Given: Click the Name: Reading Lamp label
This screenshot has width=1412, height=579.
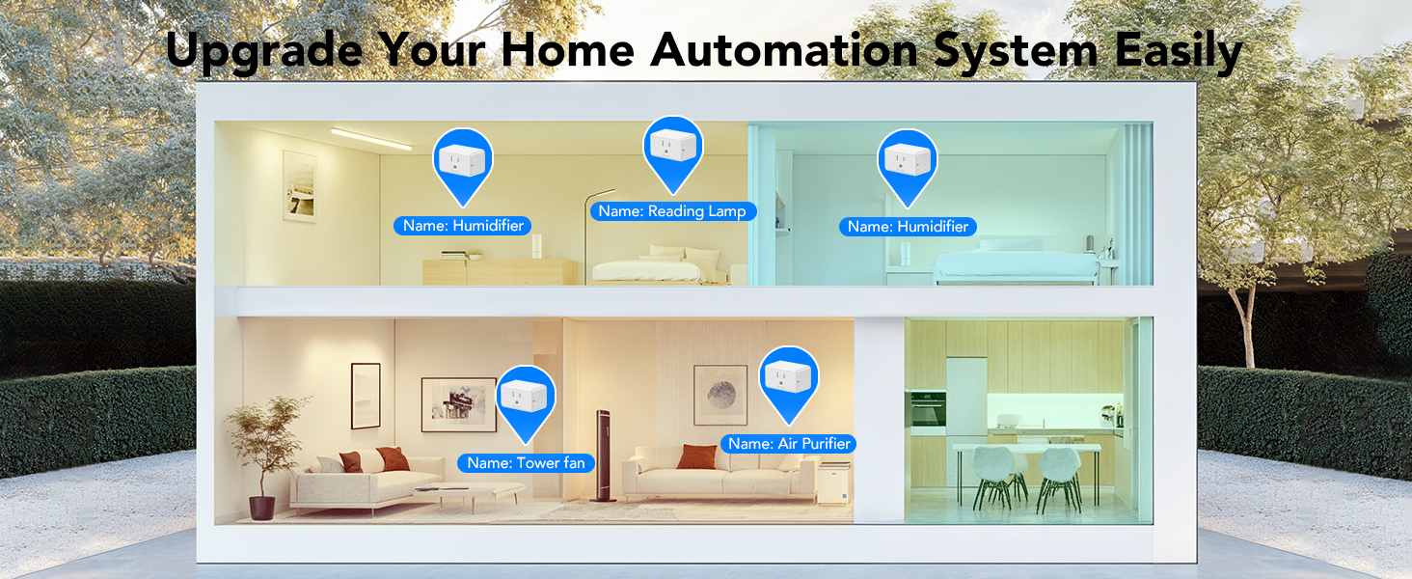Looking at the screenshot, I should (x=671, y=211).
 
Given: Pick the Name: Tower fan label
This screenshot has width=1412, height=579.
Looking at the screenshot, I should (x=526, y=463).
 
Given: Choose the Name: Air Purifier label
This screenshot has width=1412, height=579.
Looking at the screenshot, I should (x=789, y=444).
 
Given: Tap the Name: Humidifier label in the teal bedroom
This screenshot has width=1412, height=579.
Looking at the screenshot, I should (x=908, y=227).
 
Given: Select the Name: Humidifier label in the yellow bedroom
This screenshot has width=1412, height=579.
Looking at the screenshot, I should (x=463, y=226).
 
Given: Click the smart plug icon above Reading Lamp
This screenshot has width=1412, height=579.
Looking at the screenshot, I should (x=673, y=146).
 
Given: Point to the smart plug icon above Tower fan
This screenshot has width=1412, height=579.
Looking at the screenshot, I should (x=526, y=396).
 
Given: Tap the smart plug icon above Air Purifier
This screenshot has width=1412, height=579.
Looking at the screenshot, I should (x=789, y=376).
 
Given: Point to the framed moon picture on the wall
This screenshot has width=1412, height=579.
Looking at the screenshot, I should (x=720, y=395).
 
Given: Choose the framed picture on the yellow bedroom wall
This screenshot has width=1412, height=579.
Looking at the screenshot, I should (x=299, y=185).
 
